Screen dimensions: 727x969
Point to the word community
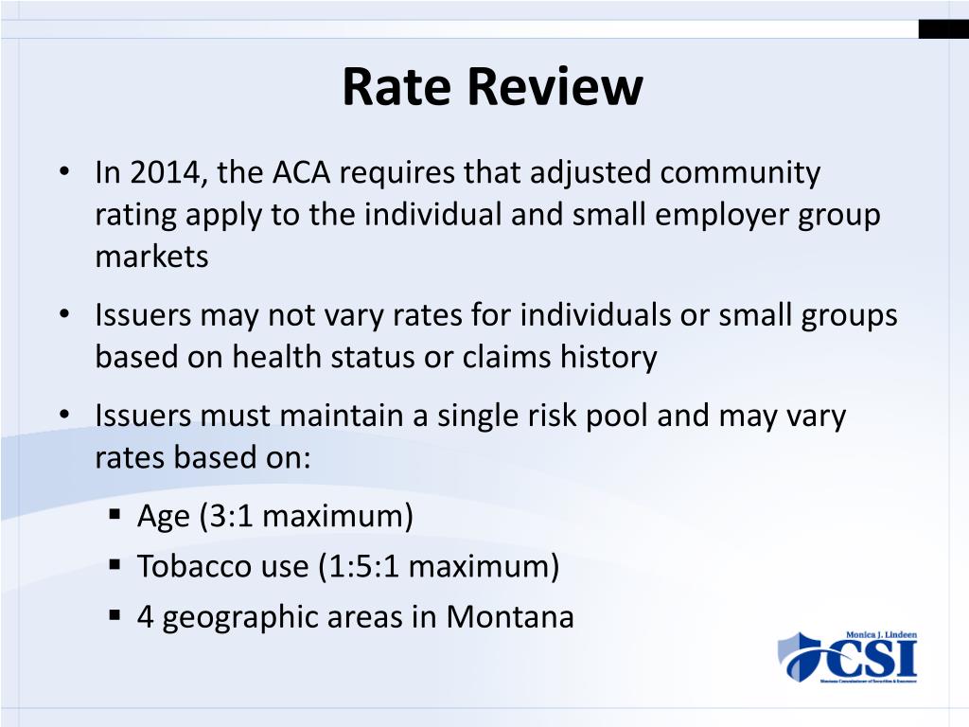click(740, 173)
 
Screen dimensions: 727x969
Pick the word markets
click(151, 257)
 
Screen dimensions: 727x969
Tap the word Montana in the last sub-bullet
click(510, 616)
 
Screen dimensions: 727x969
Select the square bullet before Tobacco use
click(115, 565)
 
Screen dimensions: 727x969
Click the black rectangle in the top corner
click(943, 29)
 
